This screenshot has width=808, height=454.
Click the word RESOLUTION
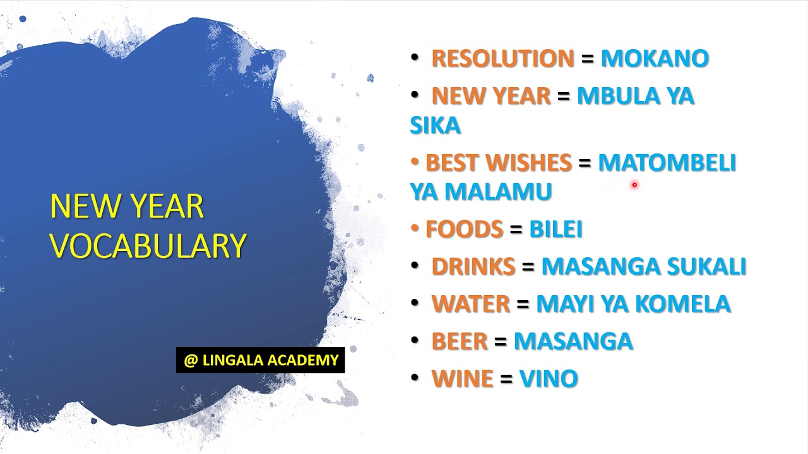coord(502,59)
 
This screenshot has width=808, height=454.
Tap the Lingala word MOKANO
coord(655,59)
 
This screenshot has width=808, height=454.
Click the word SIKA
coord(435,125)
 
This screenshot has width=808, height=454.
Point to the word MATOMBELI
coord(667,163)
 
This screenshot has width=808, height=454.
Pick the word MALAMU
coord(498,192)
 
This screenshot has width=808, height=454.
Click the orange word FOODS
coord(464,229)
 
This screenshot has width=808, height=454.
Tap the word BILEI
coord(555,229)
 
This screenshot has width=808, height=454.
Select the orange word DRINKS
coord(473,267)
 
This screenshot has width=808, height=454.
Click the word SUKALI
coord(711,267)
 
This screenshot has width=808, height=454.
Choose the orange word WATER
coord(470,304)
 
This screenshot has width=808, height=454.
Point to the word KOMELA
coord(682,304)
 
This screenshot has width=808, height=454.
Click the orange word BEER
coord(460,341)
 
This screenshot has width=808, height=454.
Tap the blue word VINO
coord(548,378)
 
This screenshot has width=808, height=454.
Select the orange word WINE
coord(462,378)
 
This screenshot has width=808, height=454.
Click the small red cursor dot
coord(634,185)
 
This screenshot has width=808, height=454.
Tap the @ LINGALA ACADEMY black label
coord(260,360)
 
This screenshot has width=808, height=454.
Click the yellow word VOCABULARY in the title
coord(148,247)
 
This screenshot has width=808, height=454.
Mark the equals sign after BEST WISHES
coord(585,163)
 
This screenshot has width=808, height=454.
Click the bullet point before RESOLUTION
coord(415,59)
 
